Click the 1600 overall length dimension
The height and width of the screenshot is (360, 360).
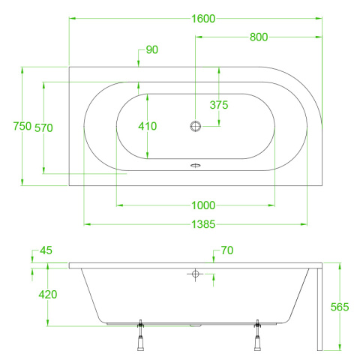tap(203, 19)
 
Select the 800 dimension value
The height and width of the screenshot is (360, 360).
tap(259, 37)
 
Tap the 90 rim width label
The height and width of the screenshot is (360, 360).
tap(152, 49)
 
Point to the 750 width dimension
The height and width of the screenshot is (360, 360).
tap(22, 126)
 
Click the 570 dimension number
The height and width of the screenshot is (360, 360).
tap(43, 128)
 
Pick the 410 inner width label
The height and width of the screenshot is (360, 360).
tap(148, 126)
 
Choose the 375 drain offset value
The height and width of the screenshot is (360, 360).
tap(219, 105)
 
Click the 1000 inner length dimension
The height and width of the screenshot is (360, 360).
tap(203, 205)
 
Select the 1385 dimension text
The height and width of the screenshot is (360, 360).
tap(203, 224)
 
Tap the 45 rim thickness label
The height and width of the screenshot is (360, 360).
tap(46, 250)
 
